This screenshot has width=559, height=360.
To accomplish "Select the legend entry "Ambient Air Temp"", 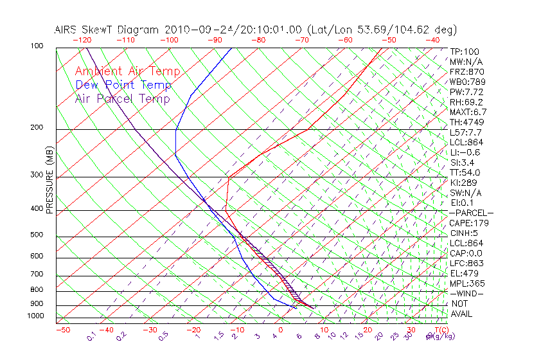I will (x=127, y=71).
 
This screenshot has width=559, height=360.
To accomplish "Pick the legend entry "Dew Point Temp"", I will (x=123, y=85).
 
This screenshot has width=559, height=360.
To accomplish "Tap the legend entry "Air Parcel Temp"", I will (x=122, y=98).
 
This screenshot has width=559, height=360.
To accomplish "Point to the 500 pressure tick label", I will (x=36, y=235).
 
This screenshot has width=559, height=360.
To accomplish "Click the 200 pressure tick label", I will (x=36, y=128).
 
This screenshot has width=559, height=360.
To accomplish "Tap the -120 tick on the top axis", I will (x=82, y=40).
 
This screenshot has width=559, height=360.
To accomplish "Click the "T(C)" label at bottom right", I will (x=438, y=329).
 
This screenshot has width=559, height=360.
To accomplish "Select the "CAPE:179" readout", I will (x=469, y=223).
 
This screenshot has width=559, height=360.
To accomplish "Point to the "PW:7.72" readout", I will (x=466, y=92).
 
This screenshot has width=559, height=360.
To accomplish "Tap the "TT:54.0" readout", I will (x=466, y=172).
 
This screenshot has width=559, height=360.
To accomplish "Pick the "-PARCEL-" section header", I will (x=471, y=213).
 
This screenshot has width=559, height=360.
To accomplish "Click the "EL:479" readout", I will (x=464, y=273).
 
